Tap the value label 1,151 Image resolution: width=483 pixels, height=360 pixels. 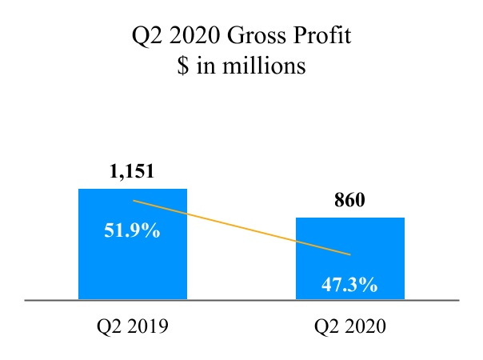click(x=132, y=172)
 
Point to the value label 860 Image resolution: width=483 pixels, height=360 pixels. click(x=349, y=201)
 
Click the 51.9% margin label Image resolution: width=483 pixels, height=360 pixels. click(x=132, y=233)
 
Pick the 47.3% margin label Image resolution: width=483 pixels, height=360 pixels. click(x=350, y=284)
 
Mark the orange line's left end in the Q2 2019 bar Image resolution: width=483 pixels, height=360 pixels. click(x=134, y=200)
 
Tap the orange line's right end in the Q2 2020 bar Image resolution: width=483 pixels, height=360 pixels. click(x=349, y=254)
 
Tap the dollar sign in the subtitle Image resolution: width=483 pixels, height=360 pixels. click(x=183, y=66)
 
